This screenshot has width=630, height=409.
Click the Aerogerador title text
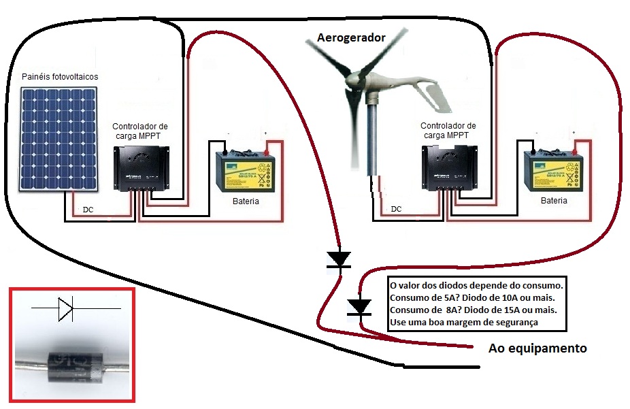pos(351,38)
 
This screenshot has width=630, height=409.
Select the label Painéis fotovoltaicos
pos(60,77)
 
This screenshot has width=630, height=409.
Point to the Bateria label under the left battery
pos(246,201)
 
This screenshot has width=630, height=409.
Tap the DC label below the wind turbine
pos(396,209)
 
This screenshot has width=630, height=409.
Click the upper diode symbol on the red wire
pos(338,259)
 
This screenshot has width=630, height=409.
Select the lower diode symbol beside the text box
pos(359,307)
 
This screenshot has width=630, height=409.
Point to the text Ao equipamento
pos(537,348)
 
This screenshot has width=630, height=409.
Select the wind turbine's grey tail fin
pos(435,93)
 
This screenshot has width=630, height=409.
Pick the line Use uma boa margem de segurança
pos(464,321)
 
